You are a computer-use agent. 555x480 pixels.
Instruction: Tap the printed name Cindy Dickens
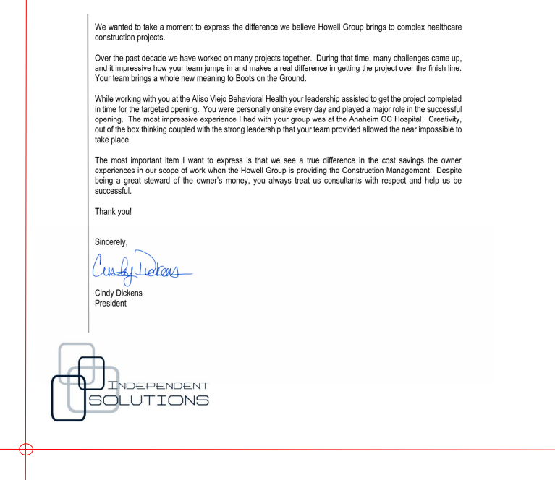pyautogui.click(x=122, y=293)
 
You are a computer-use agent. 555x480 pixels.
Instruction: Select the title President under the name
pyautogui.click(x=111, y=304)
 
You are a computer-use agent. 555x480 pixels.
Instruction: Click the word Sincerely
pyautogui.click(x=114, y=243)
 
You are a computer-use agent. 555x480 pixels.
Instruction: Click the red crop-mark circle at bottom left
pyautogui.click(x=25, y=450)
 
